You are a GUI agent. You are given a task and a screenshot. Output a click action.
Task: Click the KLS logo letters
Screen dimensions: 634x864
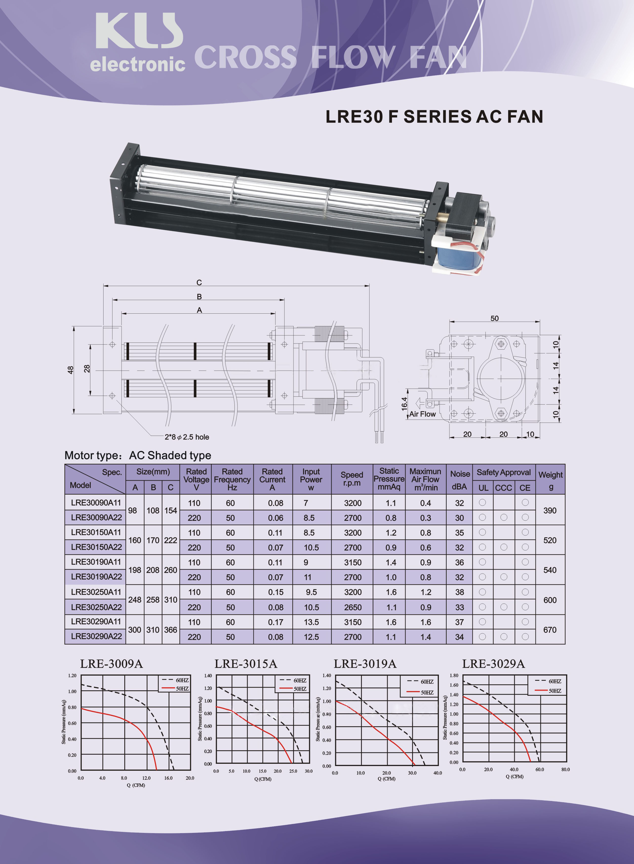[139, 31]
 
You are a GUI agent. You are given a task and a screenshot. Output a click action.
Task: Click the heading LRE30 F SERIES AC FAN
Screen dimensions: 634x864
[434, 117]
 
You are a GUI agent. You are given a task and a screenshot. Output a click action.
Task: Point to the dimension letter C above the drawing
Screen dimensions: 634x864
[199, 282]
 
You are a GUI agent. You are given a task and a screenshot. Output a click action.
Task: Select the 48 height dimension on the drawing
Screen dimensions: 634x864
[70, 370]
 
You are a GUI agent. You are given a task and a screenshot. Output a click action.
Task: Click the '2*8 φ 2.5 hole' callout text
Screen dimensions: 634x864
[187, 437]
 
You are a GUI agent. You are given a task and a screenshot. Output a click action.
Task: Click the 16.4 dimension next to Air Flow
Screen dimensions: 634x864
[404, 404]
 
